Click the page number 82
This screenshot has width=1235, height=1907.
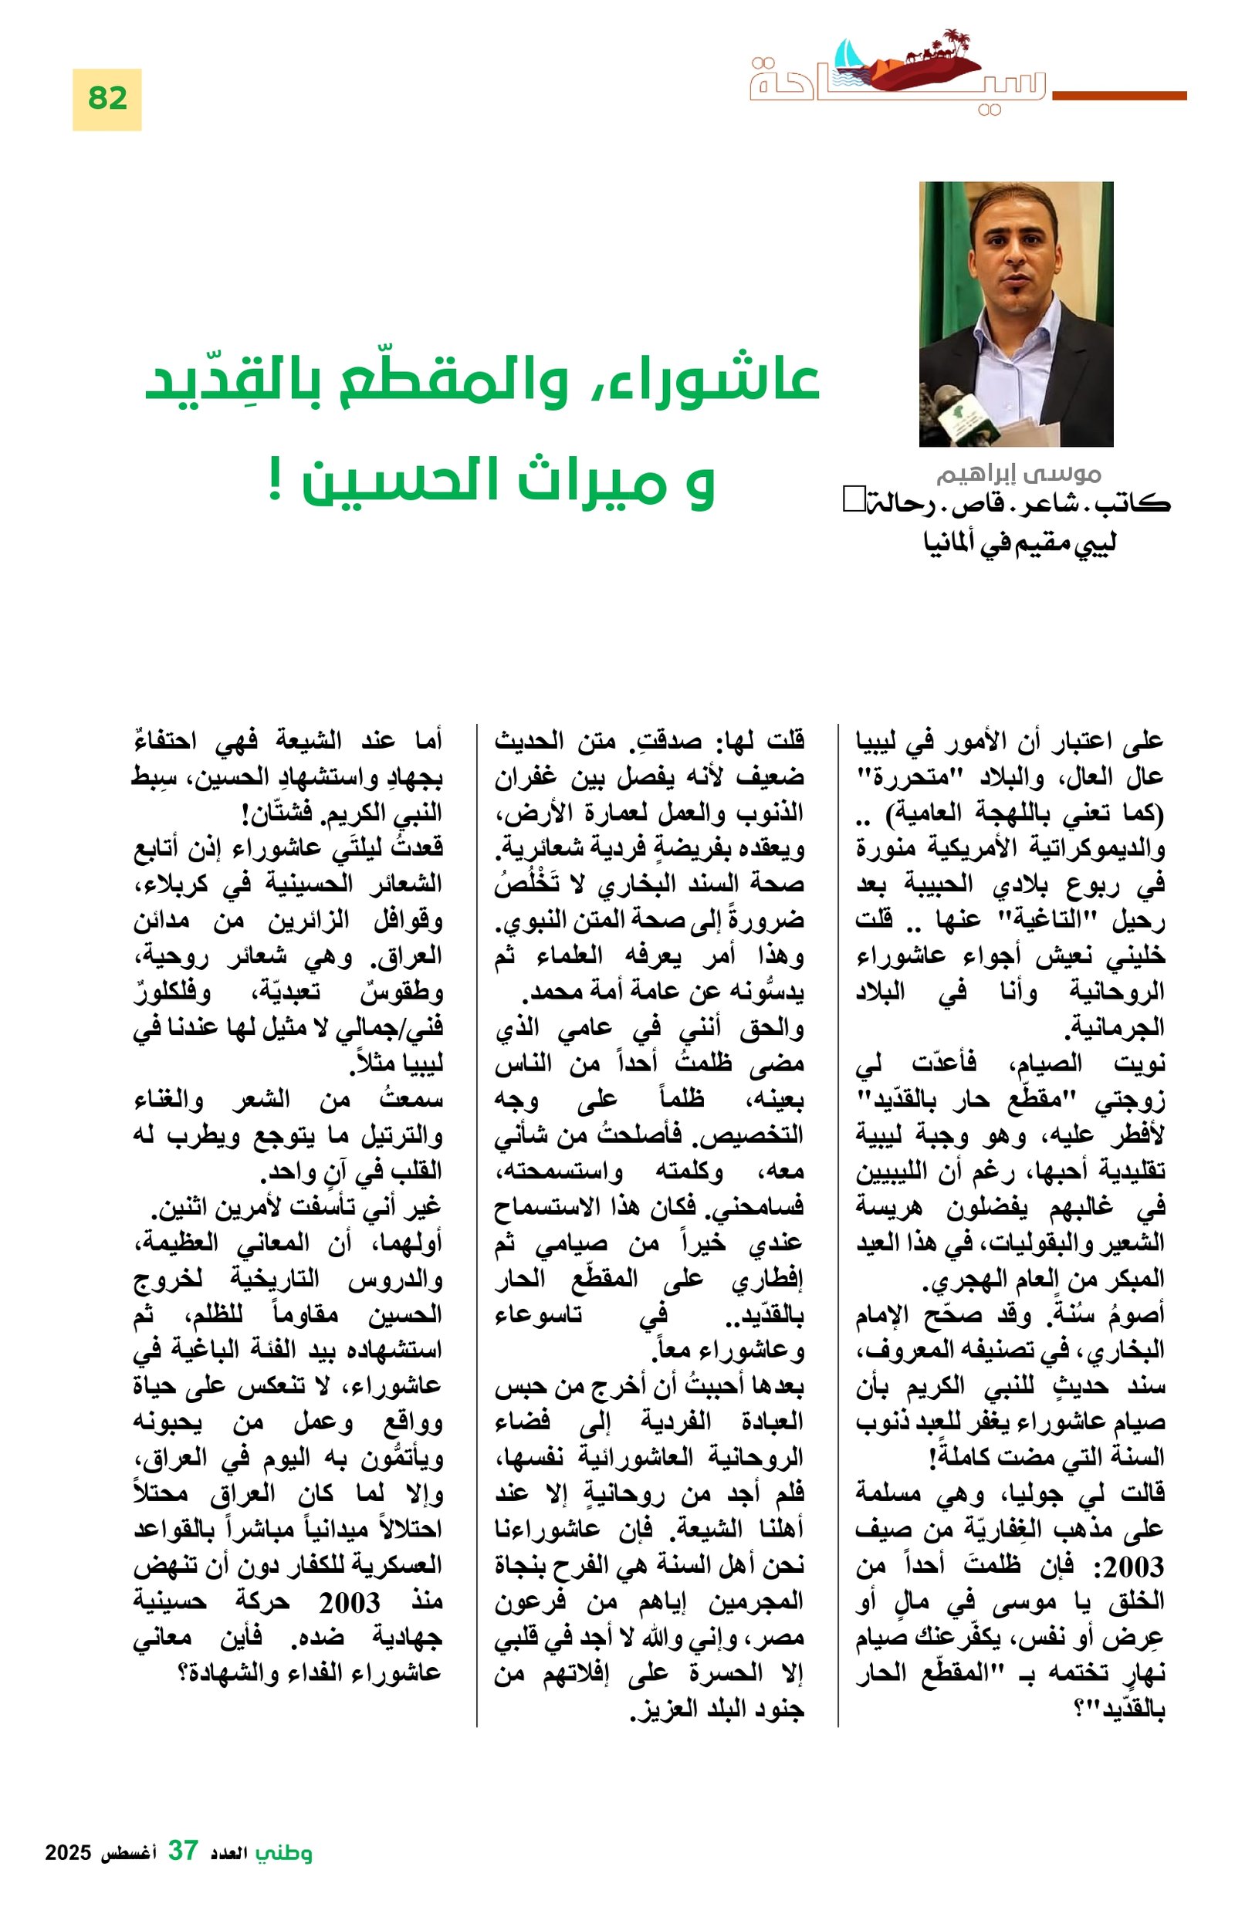[107, 99]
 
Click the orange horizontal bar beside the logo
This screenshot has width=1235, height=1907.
[1118, 96]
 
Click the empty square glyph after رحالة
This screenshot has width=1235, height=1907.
[850, 501]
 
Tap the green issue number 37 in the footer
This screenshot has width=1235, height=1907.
[182, 1851]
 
